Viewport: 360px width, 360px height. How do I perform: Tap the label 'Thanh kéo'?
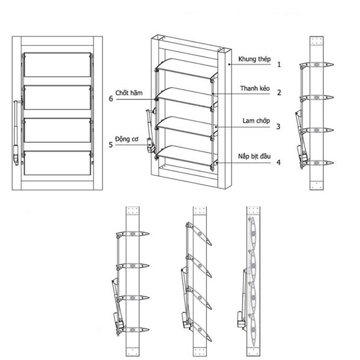pos(254,89)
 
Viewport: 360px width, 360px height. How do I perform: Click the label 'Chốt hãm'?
pos(131,93)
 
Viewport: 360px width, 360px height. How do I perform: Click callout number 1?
pos(279,64)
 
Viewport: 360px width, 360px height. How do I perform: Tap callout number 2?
pos(279,93)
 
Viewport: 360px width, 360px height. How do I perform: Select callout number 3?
pos(279,127)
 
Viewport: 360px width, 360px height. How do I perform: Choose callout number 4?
pos(279,162)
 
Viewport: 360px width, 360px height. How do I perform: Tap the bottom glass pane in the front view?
pos(58,163)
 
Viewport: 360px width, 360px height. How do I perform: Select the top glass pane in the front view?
pos(58,65)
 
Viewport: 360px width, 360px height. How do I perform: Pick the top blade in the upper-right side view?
pos(318,65)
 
